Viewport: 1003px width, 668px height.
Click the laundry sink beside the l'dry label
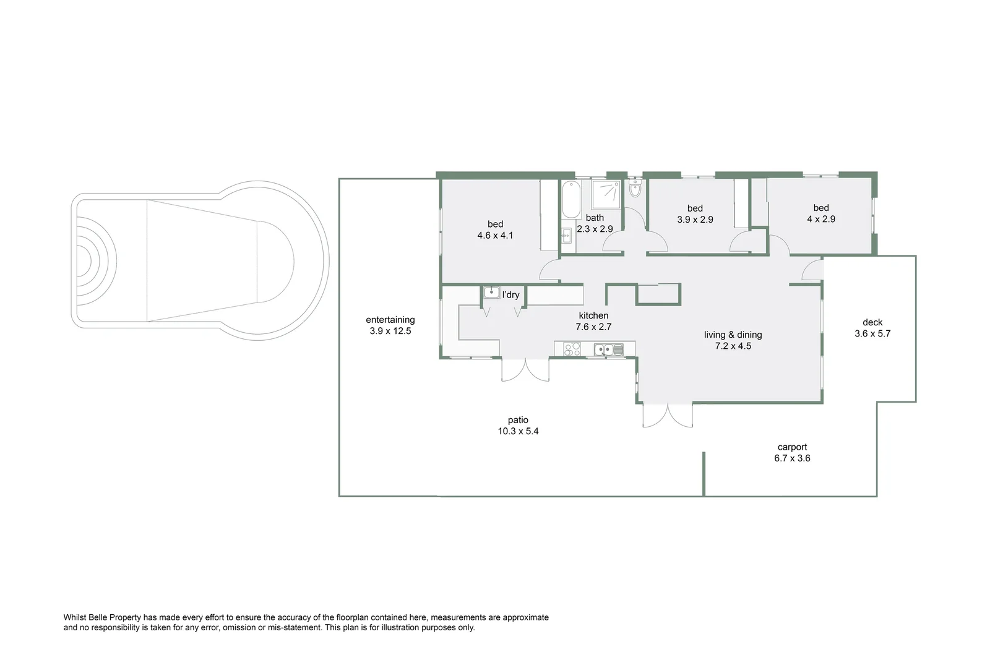pos(491,293)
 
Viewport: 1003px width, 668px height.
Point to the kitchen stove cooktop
pos(571,350)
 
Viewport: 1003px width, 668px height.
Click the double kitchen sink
pos(608,350)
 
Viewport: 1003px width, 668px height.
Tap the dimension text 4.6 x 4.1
pos(495,236)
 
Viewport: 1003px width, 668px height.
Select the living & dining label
pos(733,335)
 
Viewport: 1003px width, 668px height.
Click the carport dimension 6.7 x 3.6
pos(792,458)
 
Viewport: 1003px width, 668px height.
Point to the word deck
pos(872,322)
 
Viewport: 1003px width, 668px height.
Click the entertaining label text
pos(390,320)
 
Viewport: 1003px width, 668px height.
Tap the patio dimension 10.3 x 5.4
pos(518,431)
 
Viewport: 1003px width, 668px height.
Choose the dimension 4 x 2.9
pos(821,219)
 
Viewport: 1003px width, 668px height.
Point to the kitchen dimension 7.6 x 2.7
pos(593,327)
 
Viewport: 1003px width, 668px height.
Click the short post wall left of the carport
pos(704,473)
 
